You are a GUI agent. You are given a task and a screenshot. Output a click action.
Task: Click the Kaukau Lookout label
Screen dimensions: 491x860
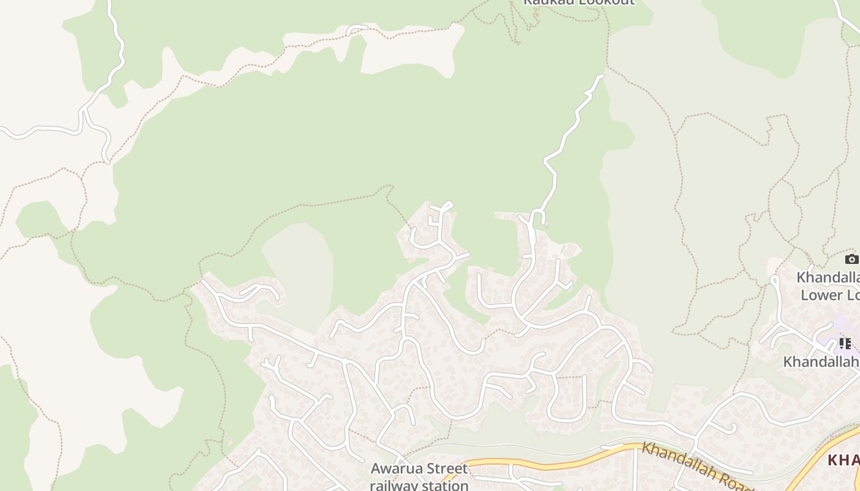point(578,2)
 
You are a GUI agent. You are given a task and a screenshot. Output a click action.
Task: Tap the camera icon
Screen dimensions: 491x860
point(851,259)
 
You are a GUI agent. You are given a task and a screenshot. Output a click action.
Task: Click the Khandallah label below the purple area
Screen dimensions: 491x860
point(821,362)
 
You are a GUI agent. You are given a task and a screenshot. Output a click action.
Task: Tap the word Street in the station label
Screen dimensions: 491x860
point(444,469)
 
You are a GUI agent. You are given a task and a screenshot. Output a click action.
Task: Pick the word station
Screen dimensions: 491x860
point(445,485)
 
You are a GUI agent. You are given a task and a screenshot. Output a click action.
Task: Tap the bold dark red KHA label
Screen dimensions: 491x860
point(843,460)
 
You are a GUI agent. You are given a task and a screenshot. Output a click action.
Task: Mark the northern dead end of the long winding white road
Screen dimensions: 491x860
point(601,76)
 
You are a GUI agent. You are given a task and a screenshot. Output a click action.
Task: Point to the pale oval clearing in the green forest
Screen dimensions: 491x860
point(298,270)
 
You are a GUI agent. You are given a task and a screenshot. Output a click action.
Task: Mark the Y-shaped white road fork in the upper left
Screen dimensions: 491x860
point(83,112)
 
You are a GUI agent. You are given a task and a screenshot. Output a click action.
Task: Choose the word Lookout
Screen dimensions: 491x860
point(604,2)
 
